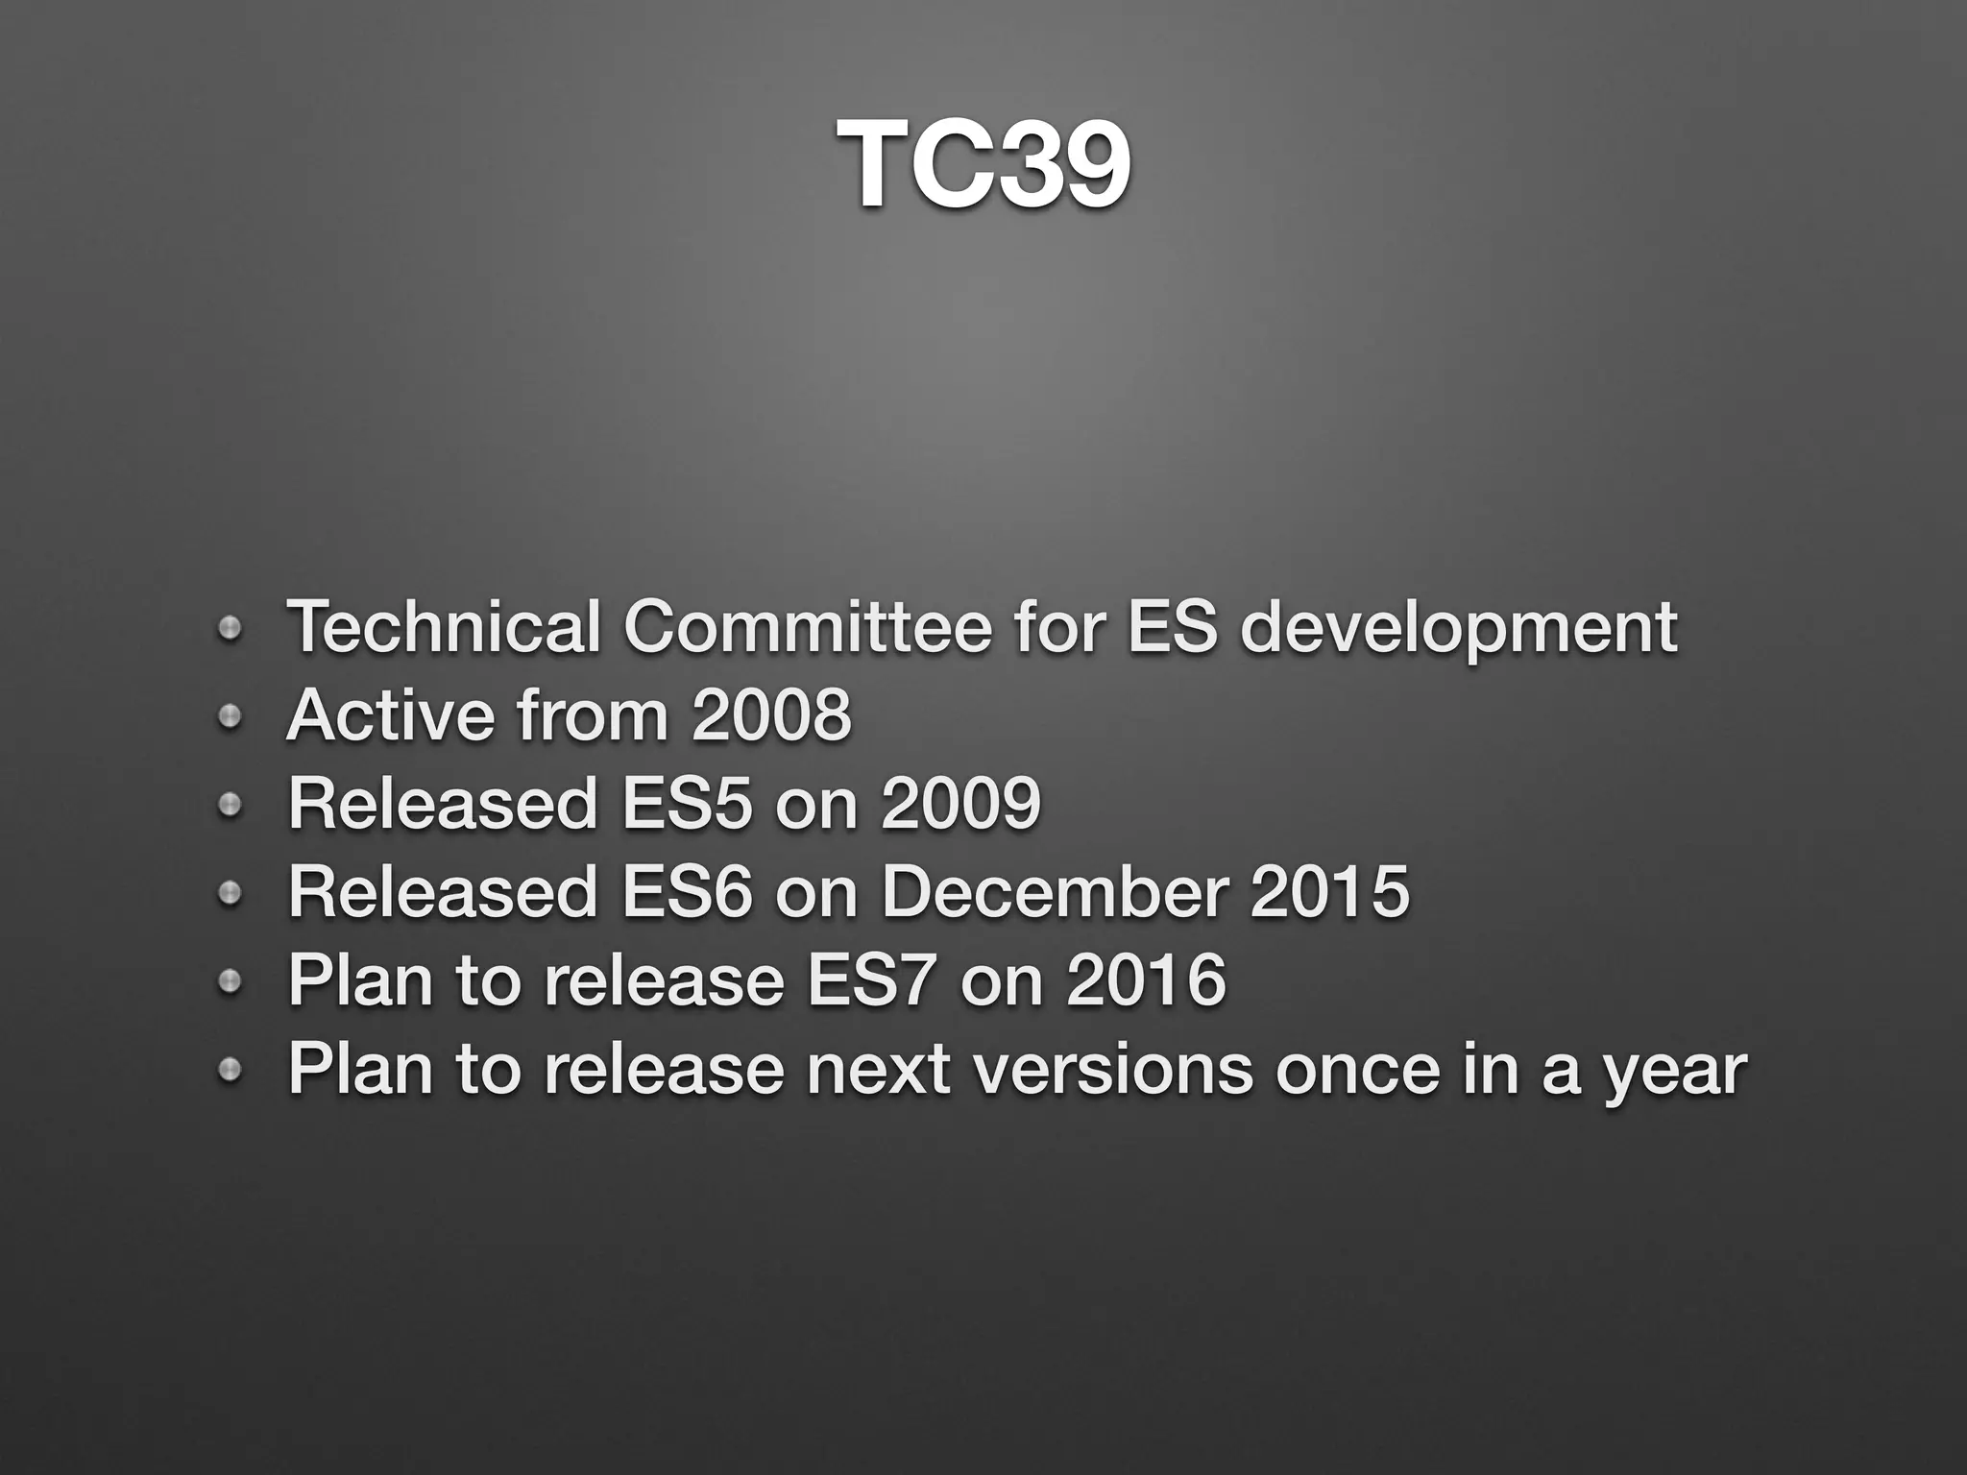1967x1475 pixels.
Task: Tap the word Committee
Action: (807, 627)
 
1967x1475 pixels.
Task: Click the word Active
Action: (388, 715)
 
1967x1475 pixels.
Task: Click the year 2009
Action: (960, 804)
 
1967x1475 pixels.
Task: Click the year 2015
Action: (1330, 892)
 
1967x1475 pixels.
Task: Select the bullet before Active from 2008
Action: (229, 716)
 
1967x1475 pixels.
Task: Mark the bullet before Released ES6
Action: (229, 894)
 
